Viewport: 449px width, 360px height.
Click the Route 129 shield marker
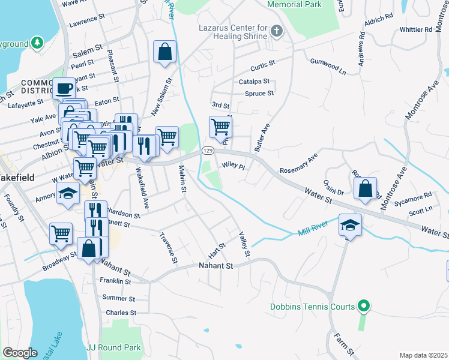click(x=207, y=150)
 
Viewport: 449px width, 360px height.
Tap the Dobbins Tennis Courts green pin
click(x=363, y=307)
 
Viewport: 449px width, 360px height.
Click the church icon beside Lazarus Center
click(x=276, y=30)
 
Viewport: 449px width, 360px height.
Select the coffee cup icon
click(x=64, y=89)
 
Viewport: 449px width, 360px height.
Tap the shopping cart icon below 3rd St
click(x=220, y=127)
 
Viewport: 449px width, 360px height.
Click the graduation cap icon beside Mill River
click(x=350, y=225)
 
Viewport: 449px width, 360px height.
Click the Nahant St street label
click(x=215, y=265)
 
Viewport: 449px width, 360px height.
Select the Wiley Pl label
click(x=234, y=165)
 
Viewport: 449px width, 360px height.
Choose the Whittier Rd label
click(x=415, y=29)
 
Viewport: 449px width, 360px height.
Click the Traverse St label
click(x=169, y=248)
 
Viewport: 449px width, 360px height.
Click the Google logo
click(x=20, y=353)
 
